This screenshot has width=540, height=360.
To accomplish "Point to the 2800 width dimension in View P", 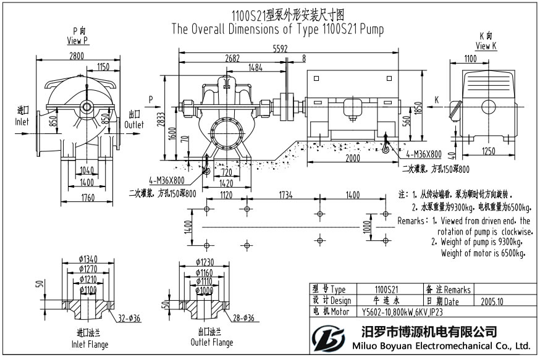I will (x=76, y=56).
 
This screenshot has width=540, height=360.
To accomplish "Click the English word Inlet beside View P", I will (x=22, y=122).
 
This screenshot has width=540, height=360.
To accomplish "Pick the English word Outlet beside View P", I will (x=135, y=124).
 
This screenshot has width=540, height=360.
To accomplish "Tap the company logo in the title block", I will (x=326, y=338).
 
